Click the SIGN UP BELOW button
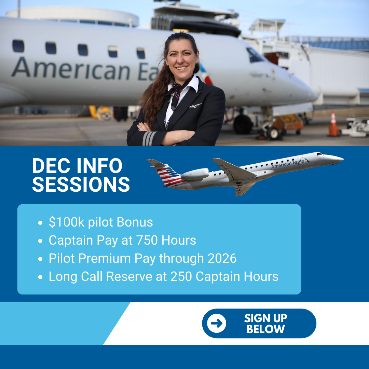259,324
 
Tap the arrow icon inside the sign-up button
217,323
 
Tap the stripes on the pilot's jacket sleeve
149,139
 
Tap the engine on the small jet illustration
194,174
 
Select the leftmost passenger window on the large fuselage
18,46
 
